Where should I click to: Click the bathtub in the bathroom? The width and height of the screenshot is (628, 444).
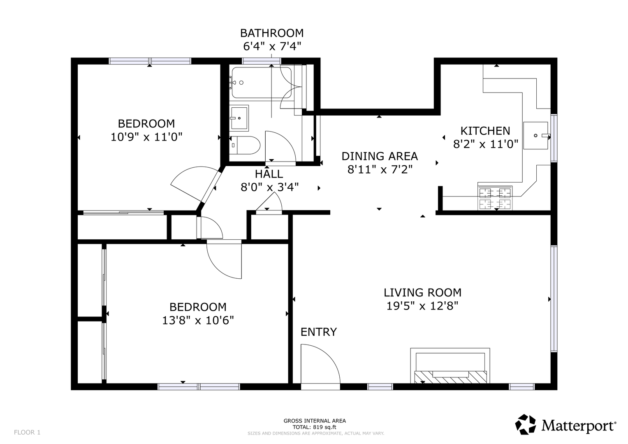pyautogui.click(x=261, y=82)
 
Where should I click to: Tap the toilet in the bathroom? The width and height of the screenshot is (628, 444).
pyautogui.click(x=245, y=145)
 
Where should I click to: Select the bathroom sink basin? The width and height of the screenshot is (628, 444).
pyautogui.click(x=239, y=118)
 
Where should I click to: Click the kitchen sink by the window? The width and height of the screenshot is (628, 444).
pyautogui.click(x=535, y=135)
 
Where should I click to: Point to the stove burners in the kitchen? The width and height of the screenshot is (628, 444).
pyautogui.click(x=495, y=199)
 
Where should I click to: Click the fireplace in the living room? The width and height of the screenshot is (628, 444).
pyautogui.click(x=450, y=366)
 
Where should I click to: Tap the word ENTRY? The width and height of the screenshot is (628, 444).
pyautogui.click(x=318, y=332)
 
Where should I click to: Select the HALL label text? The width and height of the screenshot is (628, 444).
pyautogui.click(x=269, y=174)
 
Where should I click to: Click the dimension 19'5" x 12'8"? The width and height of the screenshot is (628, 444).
pyautogui.click(x=422, y=306)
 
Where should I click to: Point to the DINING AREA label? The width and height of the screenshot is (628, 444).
pyautogui.click(x=380, y=156)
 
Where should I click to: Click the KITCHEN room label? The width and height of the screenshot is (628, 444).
pyautogui.click(x=485, y=131)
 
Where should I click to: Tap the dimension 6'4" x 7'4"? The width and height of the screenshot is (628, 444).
pyautogui.click(x=272, y=46)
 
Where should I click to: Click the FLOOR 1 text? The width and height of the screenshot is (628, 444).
pyautogui.click(x=27, y=432)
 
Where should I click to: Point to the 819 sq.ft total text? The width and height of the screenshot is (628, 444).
pyautogui.click(x=314, y=427)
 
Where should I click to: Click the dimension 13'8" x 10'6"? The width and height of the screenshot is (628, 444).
pyautogui.click(x=198, y=320)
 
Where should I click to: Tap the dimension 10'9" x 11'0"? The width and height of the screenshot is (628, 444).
pyautogui.click(x=146, y=137)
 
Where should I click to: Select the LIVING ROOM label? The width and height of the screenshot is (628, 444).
pyautogui.click(x=422, y=293)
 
